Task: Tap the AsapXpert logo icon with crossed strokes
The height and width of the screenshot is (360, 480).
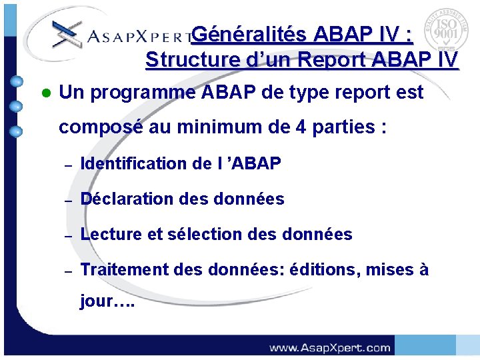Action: [66, 33]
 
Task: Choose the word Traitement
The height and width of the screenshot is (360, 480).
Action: [125, 270]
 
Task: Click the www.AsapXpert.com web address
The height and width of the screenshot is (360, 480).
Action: [329, 347]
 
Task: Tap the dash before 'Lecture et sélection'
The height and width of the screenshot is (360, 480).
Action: [67, 235]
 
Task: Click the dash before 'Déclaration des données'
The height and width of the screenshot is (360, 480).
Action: [67, 199]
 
